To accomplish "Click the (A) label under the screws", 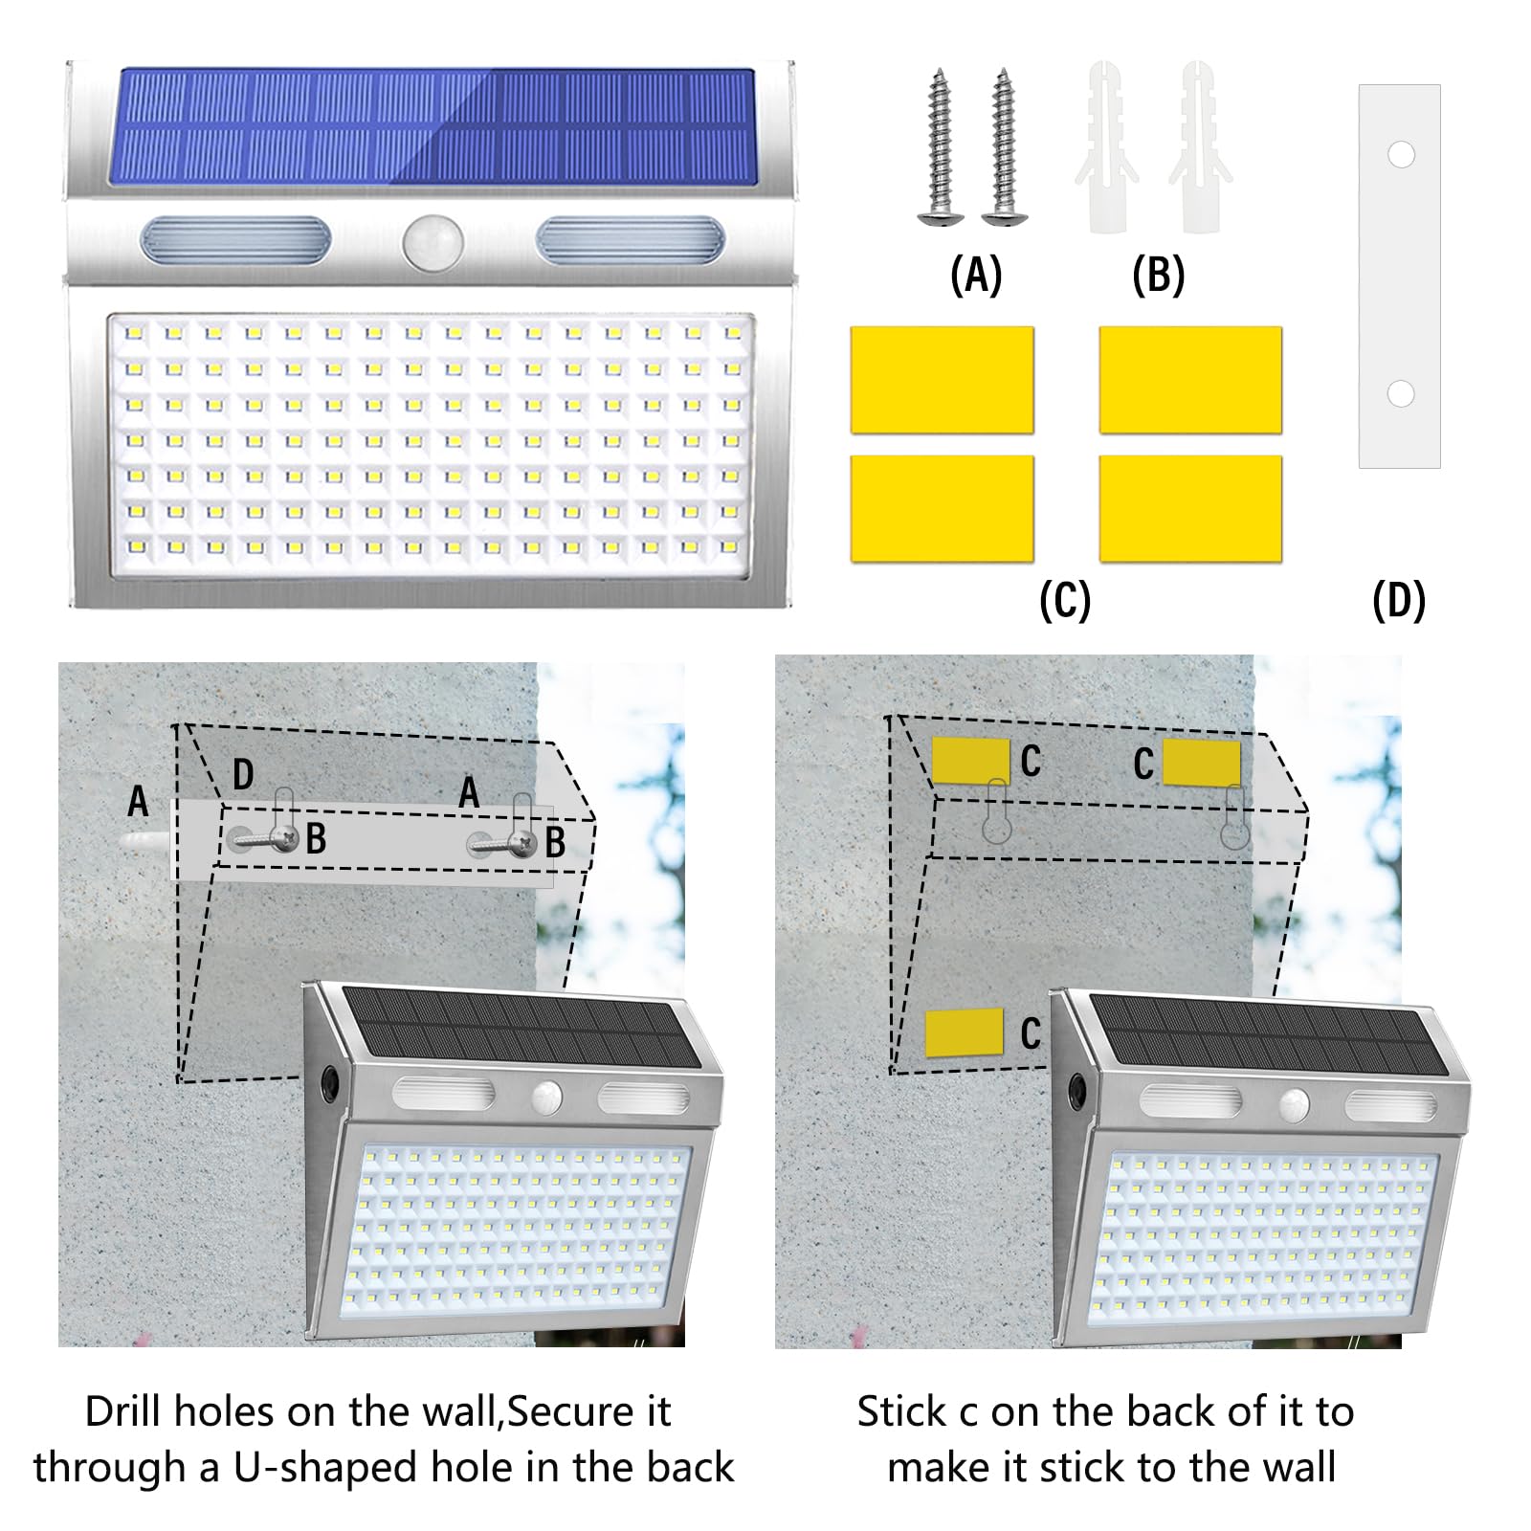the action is [x=976, y=276].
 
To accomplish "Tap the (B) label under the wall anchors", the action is [x=1158, y=276].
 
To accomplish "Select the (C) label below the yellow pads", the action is [x=1065, y=601].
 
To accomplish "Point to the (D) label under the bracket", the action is [x=1399, y=601].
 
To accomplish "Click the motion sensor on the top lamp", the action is [x=433, y=242].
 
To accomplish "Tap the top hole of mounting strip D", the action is [x=1401, y=155].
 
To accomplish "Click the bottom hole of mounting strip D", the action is [x=1401, y=393].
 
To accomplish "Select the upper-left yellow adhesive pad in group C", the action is [x=942, y=380].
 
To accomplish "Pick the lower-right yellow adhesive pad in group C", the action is [x=1190, y=508].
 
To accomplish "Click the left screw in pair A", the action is [x=939, y=147].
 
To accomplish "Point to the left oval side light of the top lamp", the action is [x=235, y=241].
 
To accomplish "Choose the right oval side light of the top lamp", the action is [x=631, y=241].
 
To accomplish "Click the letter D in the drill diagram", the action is [x=243, y=774].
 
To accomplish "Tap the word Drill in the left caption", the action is [x=124, y=1411].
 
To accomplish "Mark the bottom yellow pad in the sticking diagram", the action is [x=964, y=1032].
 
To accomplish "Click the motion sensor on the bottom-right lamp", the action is [x=1296, y=1105].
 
